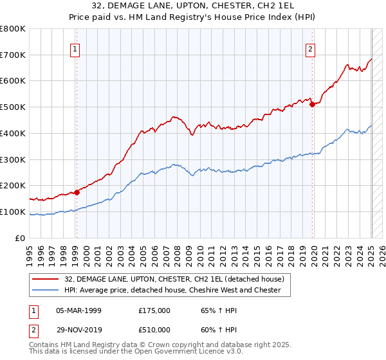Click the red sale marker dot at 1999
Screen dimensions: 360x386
click(76, 192)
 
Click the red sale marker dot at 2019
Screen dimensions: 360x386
click(313, 104)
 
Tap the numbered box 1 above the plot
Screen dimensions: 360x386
click(75, 48)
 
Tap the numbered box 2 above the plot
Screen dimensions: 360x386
click(310, 48)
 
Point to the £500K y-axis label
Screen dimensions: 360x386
click(13, 107)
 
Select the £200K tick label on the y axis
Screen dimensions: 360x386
click(13, 185)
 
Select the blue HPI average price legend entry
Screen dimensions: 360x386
click(172, 290)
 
